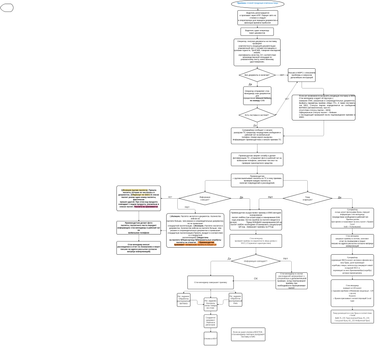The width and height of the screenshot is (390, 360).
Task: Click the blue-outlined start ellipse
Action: pos(257,4)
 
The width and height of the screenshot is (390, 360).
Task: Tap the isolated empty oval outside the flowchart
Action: pos(7,7)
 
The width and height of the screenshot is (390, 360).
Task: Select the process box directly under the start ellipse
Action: pos(257,17)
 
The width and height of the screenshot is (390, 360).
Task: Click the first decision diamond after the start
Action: pos(257,75)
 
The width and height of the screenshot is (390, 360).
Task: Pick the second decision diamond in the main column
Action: pos(257,114)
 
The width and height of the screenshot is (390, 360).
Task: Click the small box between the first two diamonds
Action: pos(257,95)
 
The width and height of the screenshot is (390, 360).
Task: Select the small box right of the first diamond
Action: pos(301,75)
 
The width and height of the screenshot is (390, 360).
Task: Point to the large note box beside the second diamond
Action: pos(323,108)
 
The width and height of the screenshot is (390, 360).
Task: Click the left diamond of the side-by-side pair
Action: pos(204,198)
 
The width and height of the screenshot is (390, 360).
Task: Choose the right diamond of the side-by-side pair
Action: pos(307,198)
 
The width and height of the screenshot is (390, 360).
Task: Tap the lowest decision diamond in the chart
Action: pos(257,261)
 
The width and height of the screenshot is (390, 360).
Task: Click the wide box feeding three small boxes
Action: pos(211,283)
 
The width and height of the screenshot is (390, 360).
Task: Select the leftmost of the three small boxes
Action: pos(183,300)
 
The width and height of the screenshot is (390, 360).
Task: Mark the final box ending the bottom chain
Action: pos(210,340)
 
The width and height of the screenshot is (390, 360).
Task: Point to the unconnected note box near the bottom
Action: pos(248,333)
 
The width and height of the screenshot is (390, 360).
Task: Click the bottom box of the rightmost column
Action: pos(351,316)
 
